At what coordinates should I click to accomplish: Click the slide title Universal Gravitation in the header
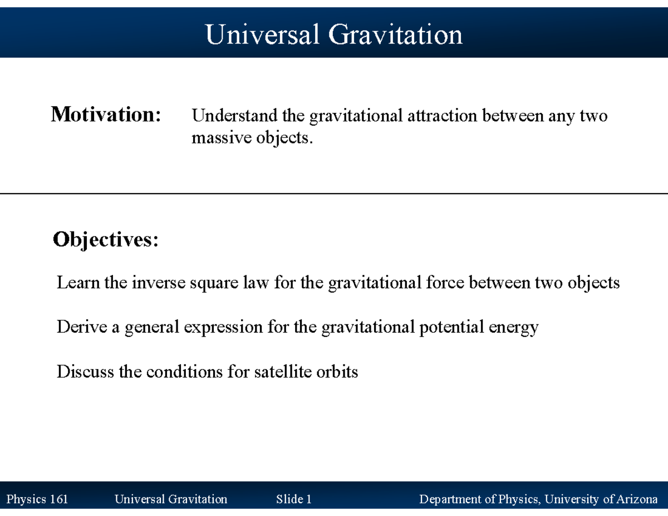pyautogui.click(x=333, y=35)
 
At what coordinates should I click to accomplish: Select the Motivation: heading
pyautogui.click(x=106, y=115)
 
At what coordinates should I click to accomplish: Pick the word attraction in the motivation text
pyautogui.click(x=442, y=116)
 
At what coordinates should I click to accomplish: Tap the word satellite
pyautogui.click(x=280, y=371)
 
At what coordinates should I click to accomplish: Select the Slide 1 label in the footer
pyautogui.click(x=293, y=499)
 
